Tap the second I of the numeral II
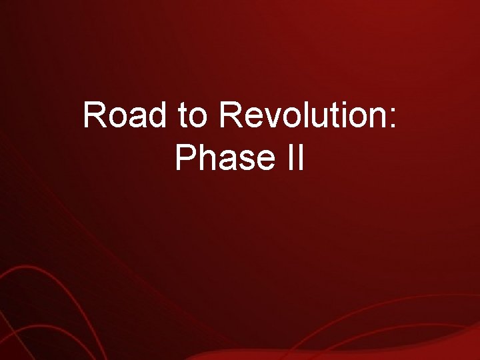(x=299, y=158)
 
